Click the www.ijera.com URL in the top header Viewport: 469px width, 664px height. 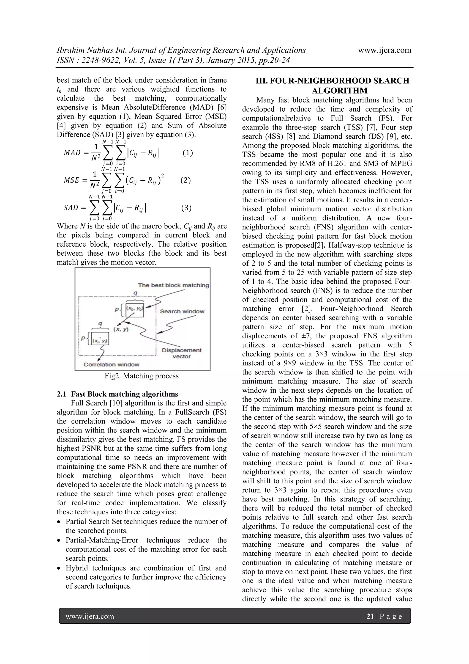pos(384,50)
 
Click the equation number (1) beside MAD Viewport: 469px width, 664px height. pos(188,153)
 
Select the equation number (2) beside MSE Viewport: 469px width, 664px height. pos(185,180)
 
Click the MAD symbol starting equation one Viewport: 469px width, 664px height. pos(72,153)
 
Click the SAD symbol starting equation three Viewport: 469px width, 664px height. pos(71,208)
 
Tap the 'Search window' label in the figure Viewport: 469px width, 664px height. pos(182,311)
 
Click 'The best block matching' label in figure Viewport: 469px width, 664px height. pos(173,285)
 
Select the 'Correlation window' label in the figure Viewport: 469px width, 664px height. pos(111,364)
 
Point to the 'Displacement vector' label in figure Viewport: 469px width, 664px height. pos(181,353)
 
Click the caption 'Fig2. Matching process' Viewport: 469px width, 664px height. pos(142,376)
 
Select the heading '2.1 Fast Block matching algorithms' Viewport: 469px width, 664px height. pos(117,394)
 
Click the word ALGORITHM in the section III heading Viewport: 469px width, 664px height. pos(340,91)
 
